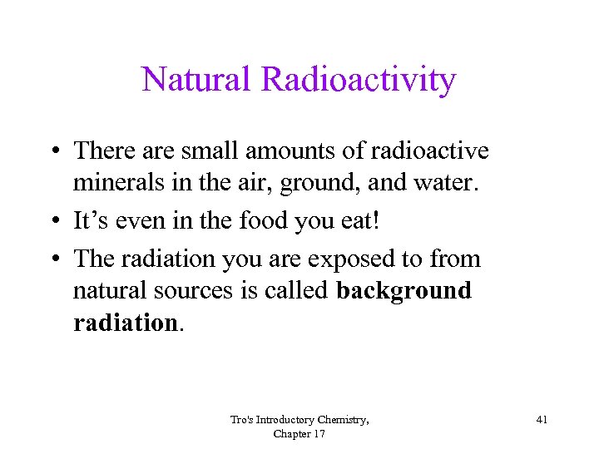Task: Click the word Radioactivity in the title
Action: click(359, 80)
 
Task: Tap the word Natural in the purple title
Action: click(197, 80)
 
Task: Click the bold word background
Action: click(403, 291)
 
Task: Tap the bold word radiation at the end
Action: click(125, 322)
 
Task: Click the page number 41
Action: click(542, 420)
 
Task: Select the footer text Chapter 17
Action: click(299, 434)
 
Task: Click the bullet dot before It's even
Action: click(52, 222)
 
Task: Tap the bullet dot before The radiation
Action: click(52, 260)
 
